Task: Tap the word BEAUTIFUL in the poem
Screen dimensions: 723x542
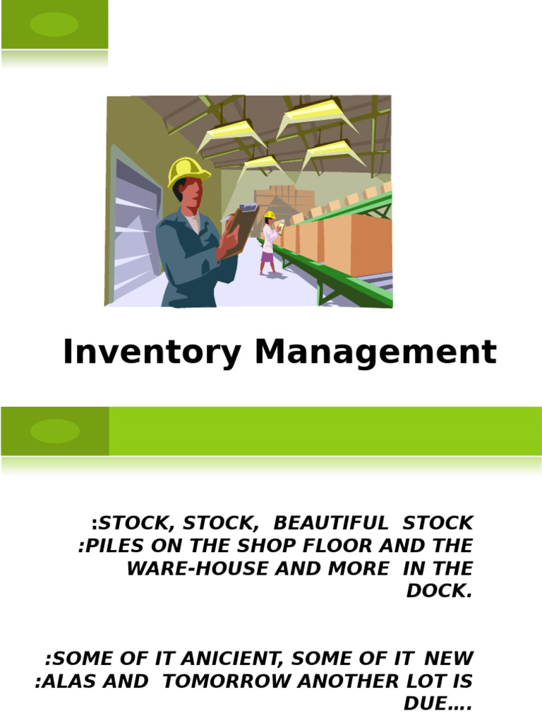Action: tap(330, 523)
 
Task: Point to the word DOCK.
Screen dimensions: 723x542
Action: tap(438, 592)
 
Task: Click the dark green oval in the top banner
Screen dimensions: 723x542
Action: tap(54, 24)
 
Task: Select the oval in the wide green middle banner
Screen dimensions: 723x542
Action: tap(55, 431)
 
